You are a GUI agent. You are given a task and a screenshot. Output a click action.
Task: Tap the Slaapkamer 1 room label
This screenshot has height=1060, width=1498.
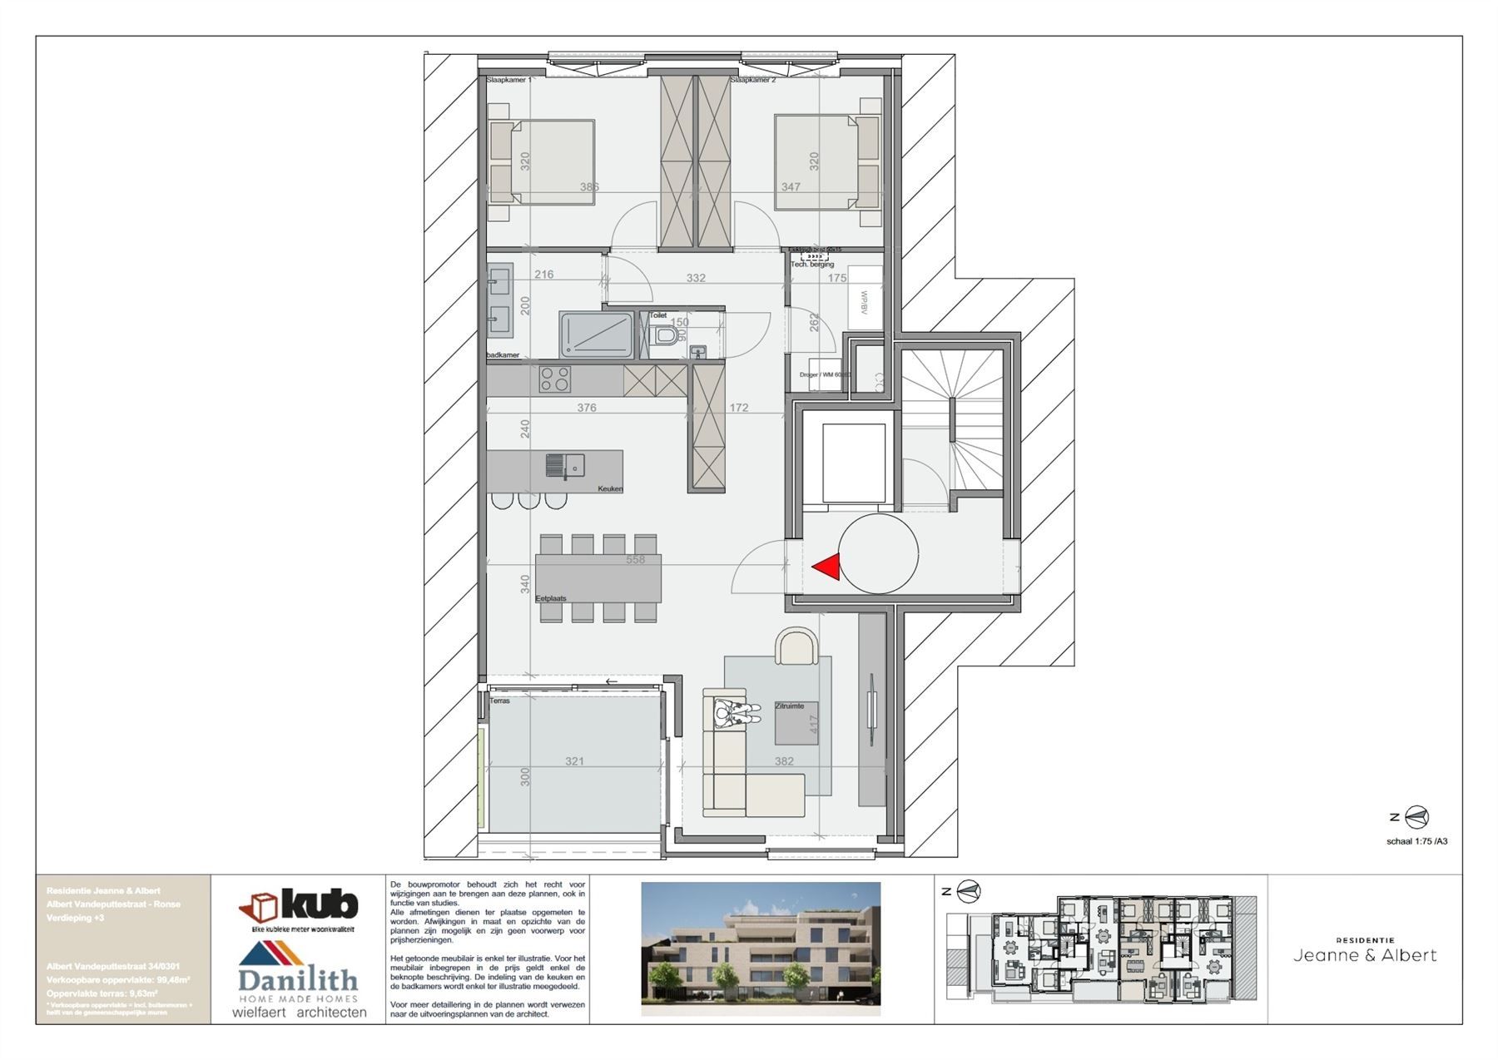click(x=508, y=81)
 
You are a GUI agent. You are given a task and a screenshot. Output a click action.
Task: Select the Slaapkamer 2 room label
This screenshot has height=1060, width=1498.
click(x=753, y=81)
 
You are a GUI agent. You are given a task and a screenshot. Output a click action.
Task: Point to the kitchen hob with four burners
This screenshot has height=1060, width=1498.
click(x=555, y=379)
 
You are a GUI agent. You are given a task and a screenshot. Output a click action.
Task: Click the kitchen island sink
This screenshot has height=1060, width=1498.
click(x=565, y=466)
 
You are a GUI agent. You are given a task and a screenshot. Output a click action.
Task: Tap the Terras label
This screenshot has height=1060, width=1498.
click(x=499, y=701)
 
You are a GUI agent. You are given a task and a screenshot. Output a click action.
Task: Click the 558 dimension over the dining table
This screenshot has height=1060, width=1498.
click(x=635, y=560)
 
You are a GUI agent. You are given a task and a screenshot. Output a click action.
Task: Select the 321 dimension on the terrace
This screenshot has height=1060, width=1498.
click(x=574, y=761)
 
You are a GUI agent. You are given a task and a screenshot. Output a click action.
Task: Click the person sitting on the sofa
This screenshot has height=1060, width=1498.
click(x=736, y=713)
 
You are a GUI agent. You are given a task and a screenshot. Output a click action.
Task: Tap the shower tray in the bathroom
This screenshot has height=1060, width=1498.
click(x=596, y=334)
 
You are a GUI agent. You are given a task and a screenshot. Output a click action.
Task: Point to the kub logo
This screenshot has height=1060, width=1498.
click(x=299, y=904)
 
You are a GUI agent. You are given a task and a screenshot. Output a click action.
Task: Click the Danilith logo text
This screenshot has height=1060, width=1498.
click(x=298, y=980)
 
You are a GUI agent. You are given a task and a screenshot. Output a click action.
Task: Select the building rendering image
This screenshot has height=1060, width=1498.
click(x=760, y=948)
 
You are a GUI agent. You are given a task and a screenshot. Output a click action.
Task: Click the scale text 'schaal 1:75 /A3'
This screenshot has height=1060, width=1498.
click(x=1416, y=841)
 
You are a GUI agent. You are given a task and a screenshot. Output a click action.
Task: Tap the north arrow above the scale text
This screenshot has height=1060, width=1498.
click(x=1416, y=817)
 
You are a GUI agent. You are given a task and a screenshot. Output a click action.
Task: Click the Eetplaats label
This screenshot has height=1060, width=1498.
click(x=551, y=598)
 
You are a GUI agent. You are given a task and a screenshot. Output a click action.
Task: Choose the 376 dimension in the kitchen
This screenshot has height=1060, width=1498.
click(x=587, y=408)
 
